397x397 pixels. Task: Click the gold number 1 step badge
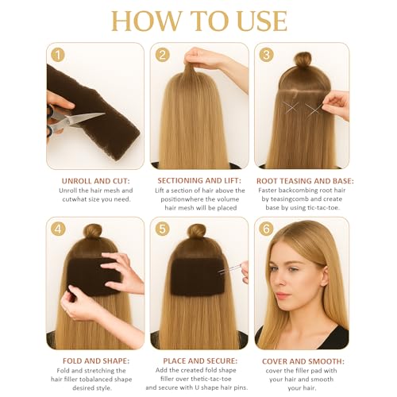coord(58,56)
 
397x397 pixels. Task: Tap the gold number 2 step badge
coord(162,55)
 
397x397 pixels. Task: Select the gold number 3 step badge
coord(266,55)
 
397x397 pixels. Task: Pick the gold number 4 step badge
coord(58,229)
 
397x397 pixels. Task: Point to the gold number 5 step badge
coord(162,229)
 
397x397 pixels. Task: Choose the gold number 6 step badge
coord(266,229)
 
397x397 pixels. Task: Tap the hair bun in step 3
coord(303,60)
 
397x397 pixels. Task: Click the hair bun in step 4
coord(93,232)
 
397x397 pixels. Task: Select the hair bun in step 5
coord(196,232)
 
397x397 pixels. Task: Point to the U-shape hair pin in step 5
coord(229,269)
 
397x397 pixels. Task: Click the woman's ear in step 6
coord(324,276)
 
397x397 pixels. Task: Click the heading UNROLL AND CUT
coord(96,181)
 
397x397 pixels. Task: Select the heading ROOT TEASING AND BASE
coord(305,181)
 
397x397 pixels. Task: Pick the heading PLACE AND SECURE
coord(200,361)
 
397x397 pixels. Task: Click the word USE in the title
coord(263,21)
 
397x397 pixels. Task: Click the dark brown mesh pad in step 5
coord(198,276)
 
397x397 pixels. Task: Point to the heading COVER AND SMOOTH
coord(303,361)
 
